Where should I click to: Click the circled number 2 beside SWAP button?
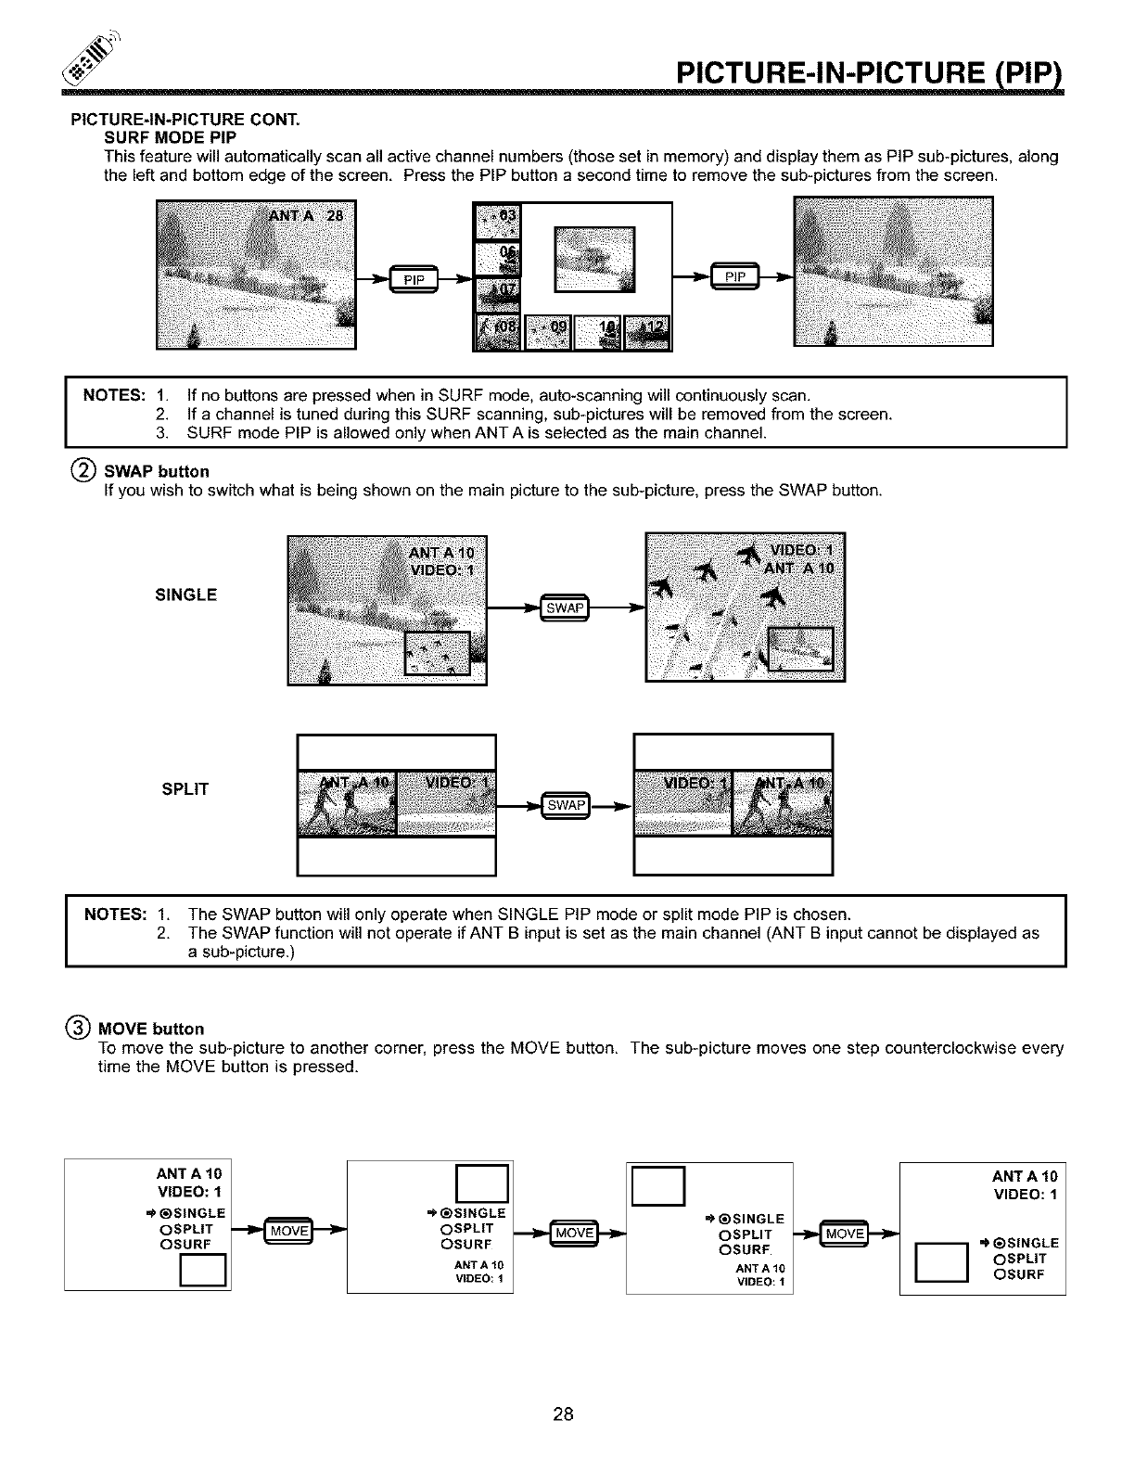81,470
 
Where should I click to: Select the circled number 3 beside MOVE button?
81,1028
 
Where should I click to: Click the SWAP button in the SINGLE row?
565,607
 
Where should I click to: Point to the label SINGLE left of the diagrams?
185,595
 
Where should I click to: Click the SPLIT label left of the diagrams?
185,789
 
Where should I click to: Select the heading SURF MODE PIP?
163,138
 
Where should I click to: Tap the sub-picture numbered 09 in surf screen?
549,331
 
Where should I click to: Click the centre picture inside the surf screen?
594,259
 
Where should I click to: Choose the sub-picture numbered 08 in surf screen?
499,331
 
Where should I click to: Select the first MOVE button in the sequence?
288,1230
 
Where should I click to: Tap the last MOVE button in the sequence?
846,1232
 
